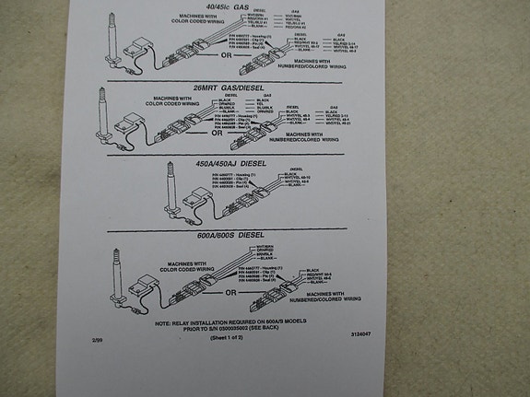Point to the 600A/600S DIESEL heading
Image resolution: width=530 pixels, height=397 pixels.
point(238,235)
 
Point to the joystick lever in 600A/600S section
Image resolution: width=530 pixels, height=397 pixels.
point(118,267)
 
